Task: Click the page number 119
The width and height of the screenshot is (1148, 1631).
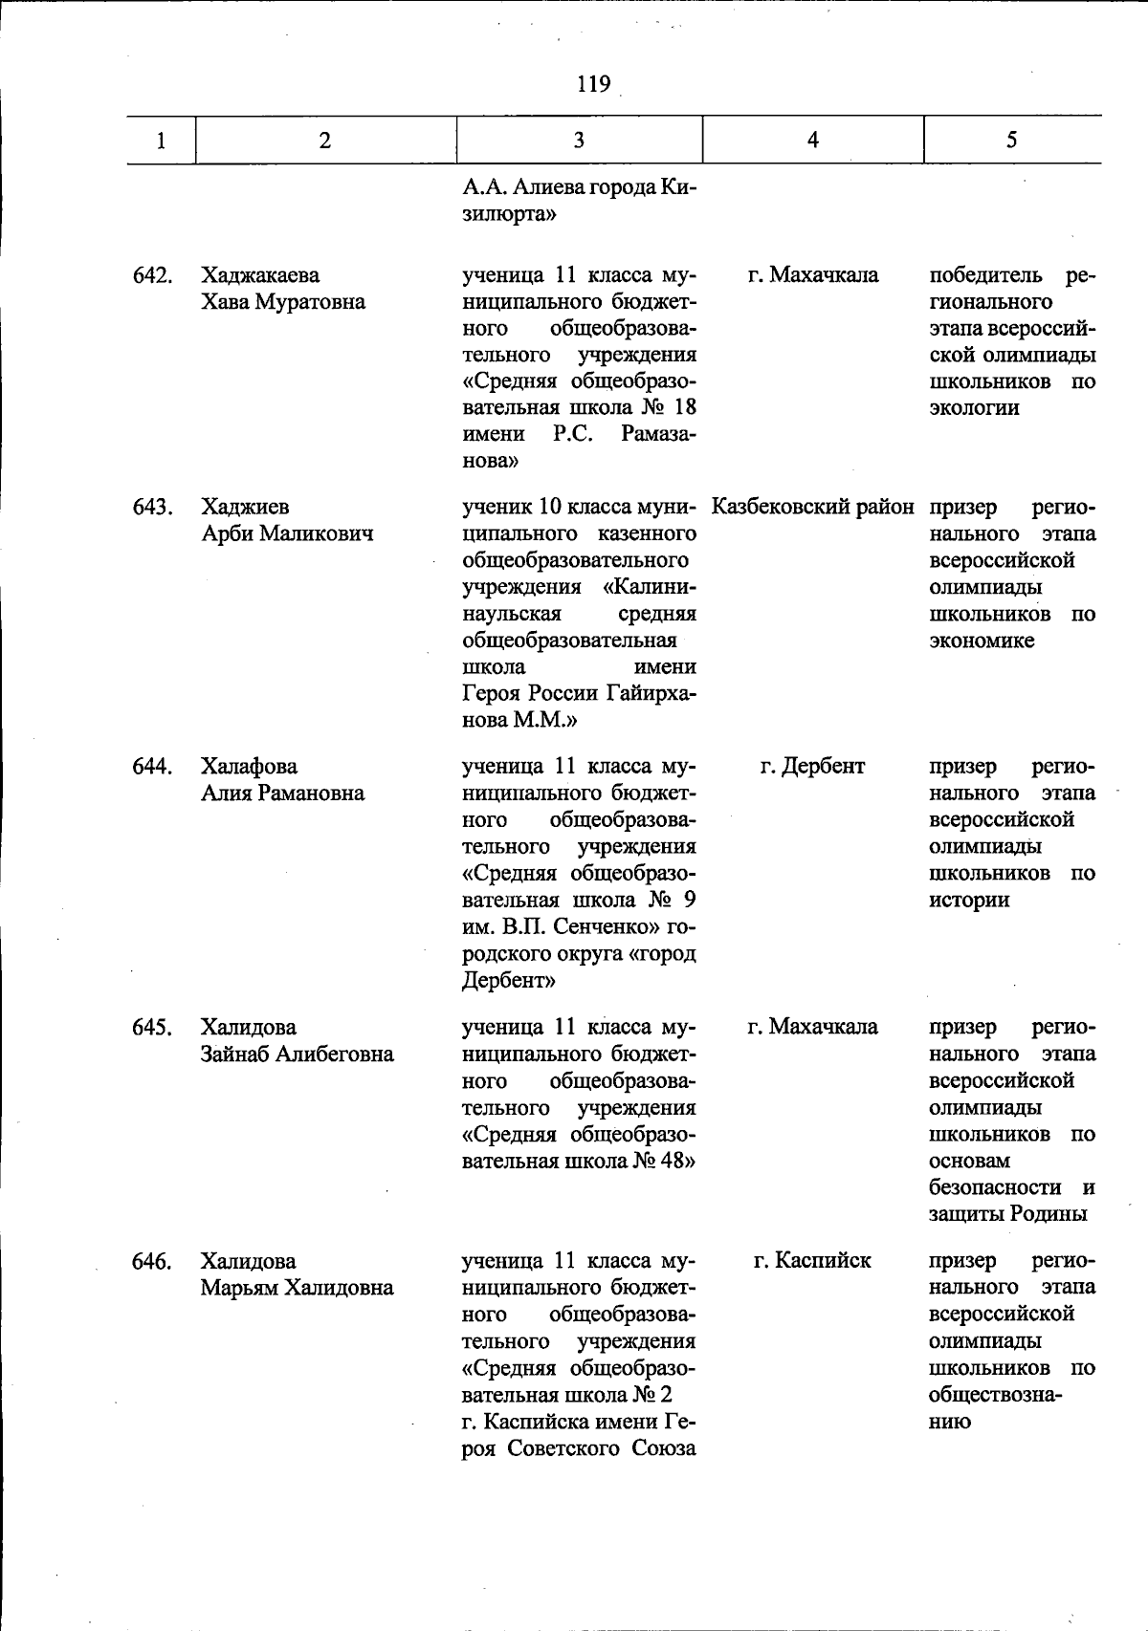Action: (x=593, y=84)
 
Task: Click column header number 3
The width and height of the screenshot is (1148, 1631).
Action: (x=579, y=141)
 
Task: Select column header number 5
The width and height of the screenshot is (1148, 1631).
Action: (x=1011, y=141)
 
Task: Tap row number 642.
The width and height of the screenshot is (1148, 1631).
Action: (x=152, y=276)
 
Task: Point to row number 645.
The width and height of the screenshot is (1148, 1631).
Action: (x=152, y=1028)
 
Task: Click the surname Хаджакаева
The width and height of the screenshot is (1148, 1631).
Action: (x=260, y=276)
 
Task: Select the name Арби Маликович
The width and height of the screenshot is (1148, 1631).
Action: (x=287, y=533)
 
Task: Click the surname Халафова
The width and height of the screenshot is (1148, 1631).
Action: (x=249, y=767)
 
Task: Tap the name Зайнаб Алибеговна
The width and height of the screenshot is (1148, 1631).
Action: (x=297, y=1055)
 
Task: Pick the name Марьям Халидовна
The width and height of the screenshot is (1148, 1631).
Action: (x=297, y=1288)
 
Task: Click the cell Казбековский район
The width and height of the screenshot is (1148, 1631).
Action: (x=812, y=507)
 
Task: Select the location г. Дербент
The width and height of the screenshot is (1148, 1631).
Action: (x=812, y=767)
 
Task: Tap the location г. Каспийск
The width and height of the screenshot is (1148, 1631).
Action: (x=812, y=1261)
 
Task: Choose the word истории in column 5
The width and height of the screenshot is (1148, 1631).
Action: (x=969, y=901)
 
